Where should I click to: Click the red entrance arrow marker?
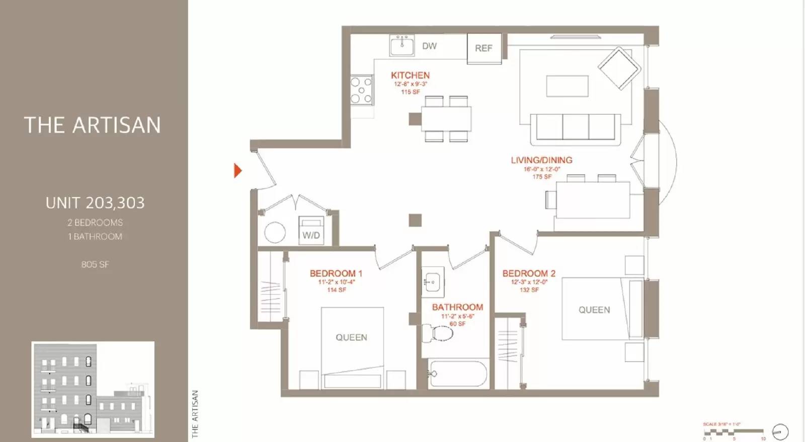point(237,171)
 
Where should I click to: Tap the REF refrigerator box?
point(484,48)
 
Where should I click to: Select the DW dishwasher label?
point(429,46)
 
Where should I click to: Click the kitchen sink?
point(402,45)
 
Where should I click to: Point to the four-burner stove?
point(361,90)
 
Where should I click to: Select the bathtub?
point(458,374)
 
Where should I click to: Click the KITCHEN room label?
point(410,75)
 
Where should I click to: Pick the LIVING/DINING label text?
point(541,160)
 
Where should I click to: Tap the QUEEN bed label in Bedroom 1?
point(351,337)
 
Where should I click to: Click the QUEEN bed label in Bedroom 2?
point(594,310)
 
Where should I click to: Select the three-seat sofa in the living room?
point(576,127)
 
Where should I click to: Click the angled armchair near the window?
point(619,68)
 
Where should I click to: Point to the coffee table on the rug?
point(568,86)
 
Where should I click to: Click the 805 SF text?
point(95,264)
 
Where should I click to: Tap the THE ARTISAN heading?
point(93,125)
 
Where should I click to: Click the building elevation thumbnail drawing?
point(93,390)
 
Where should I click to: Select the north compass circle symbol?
point(780,431)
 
